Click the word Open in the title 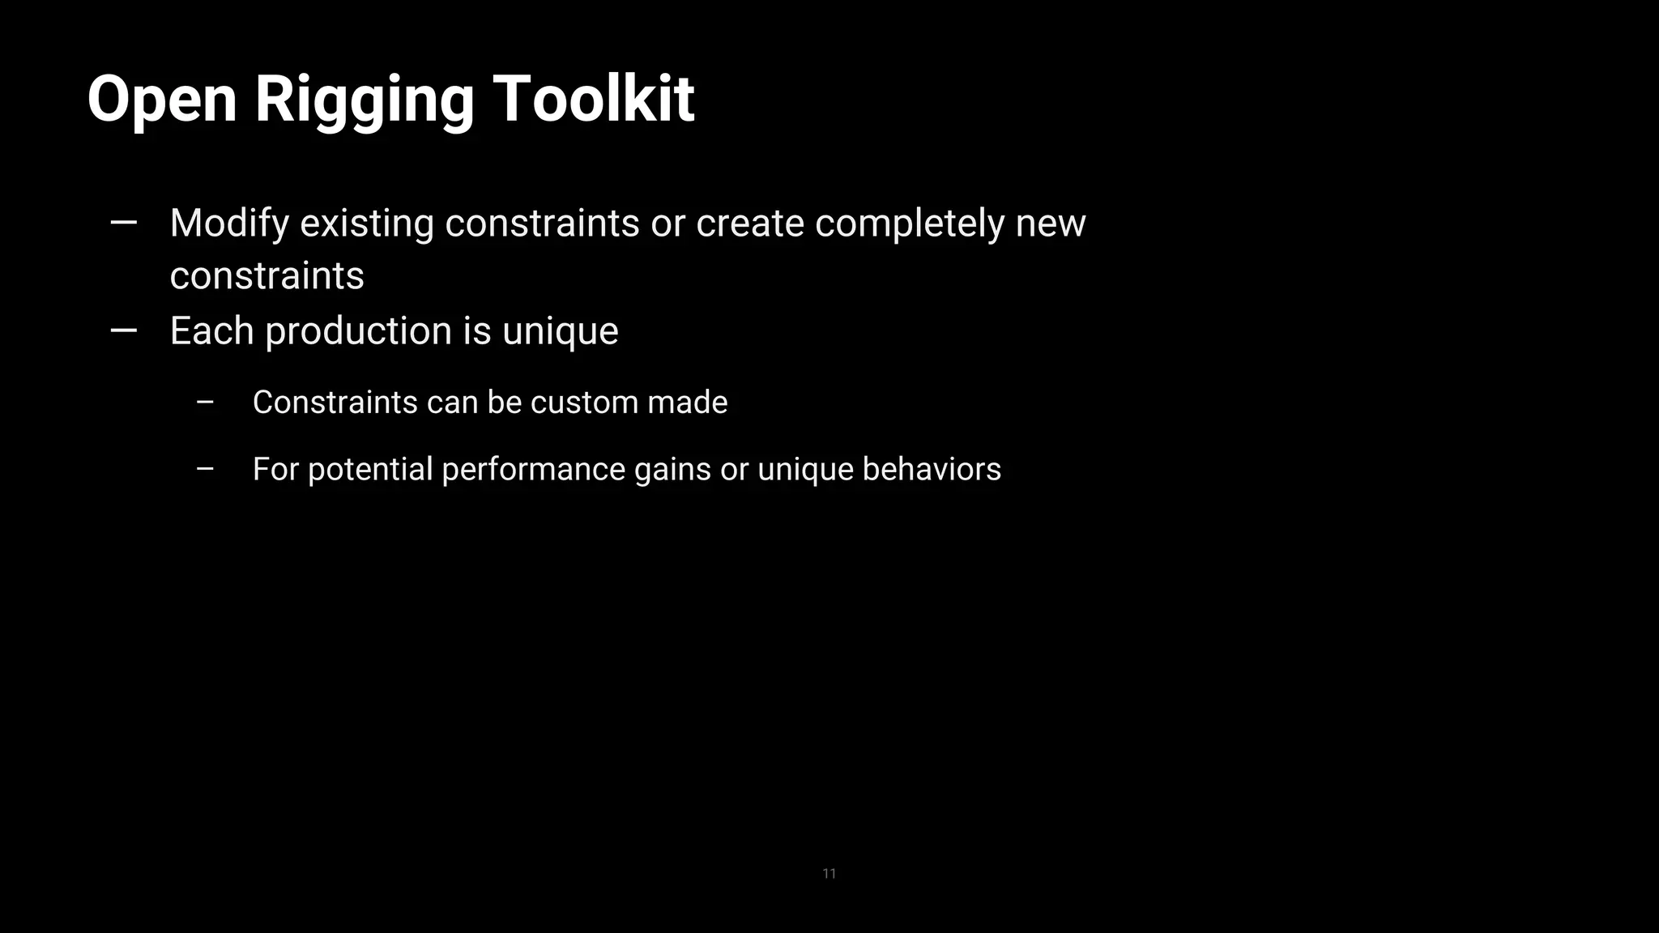coord(162,100)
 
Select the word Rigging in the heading coord(364,100)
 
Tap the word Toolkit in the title coord(593,100)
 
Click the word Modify coord(229,224)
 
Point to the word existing coord(367,224)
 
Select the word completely coord(910,224)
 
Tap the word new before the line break coord(1051,224)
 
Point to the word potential coord(370,470)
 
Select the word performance coord(533,470)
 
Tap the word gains coord(672,470)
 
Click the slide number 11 coord(829,873)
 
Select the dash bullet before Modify coord(123,223)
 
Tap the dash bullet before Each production coord(123,330)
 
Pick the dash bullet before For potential coord(205,469)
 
